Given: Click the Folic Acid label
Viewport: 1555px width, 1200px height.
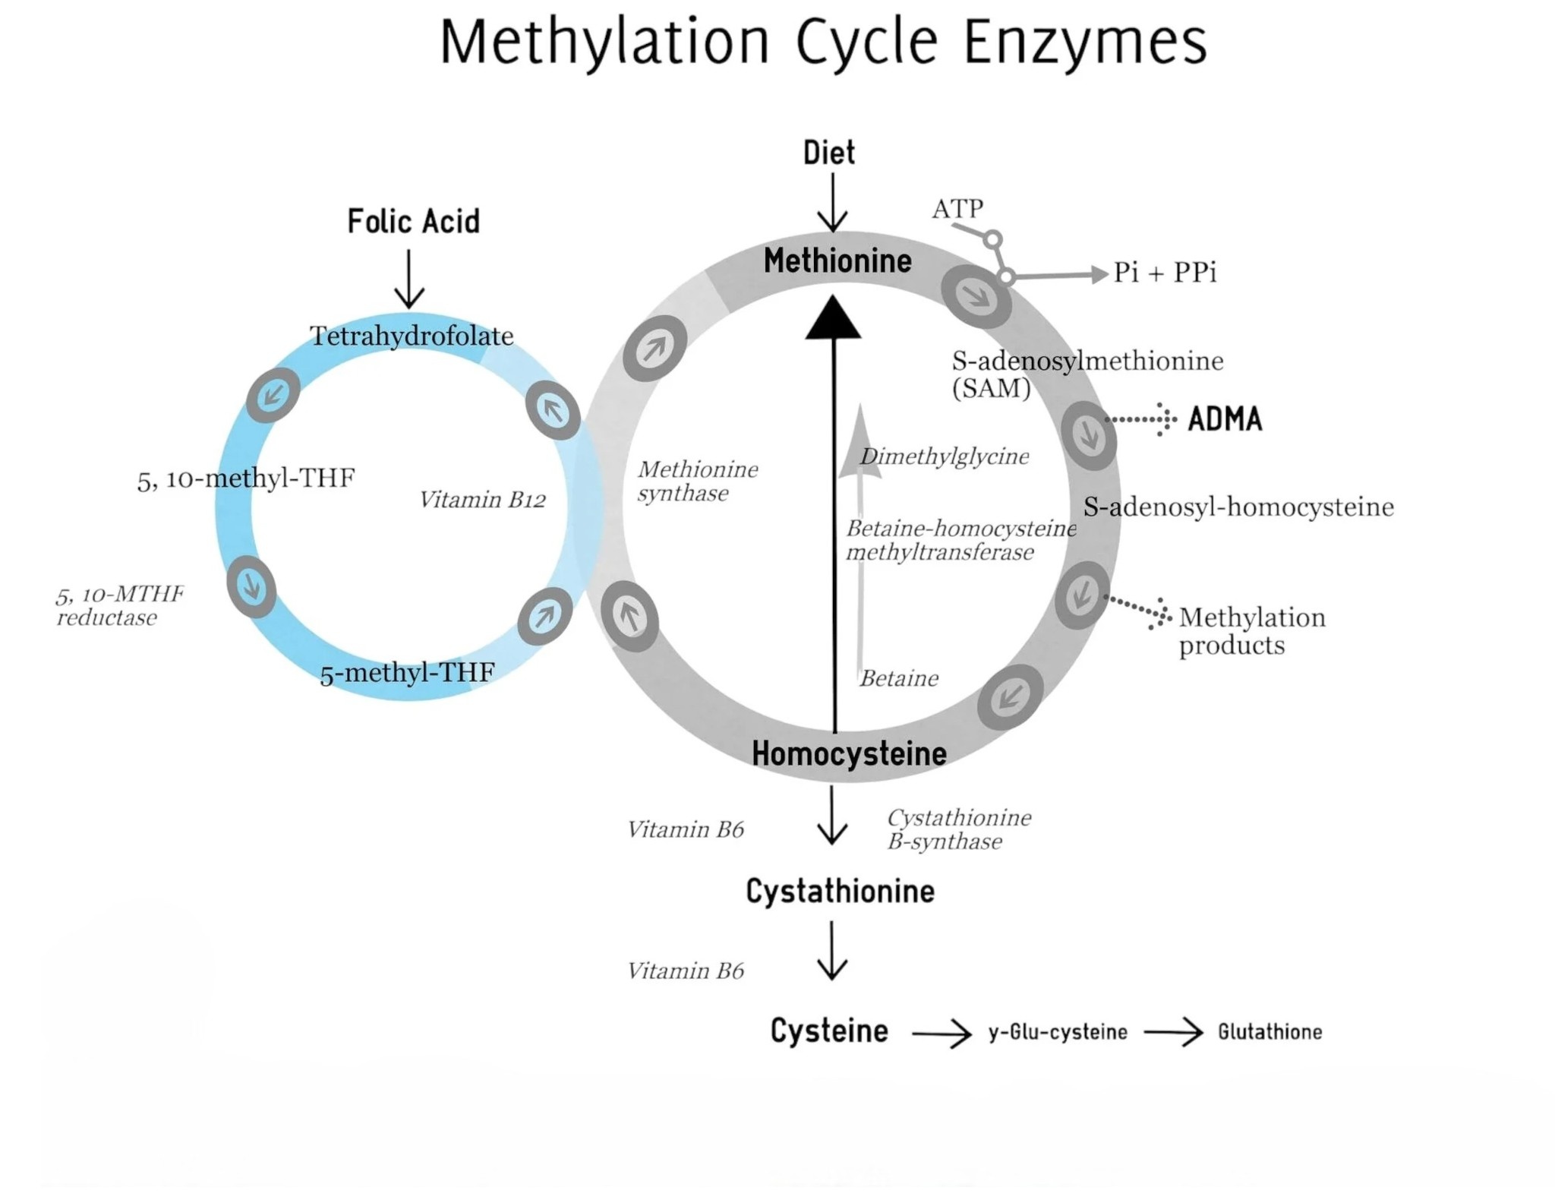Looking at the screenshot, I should (413, 222).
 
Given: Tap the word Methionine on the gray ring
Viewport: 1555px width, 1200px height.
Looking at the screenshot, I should (837, 261).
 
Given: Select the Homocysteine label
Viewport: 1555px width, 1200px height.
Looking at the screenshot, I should (849, 753).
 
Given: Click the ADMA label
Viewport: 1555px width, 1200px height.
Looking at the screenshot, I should (1225, 419).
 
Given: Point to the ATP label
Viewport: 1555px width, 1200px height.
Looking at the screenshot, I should (957, 208).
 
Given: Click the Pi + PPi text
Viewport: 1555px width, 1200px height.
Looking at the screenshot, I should (1165, 272).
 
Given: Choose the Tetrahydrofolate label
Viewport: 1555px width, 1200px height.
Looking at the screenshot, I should (412, 336).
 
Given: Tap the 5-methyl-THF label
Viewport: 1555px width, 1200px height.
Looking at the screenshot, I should (407, 673).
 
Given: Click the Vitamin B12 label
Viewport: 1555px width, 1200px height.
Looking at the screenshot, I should (482, 500).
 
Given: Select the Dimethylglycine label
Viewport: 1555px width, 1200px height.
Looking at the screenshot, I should (945, 456).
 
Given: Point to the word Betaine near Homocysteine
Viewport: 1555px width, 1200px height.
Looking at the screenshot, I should (899, 678).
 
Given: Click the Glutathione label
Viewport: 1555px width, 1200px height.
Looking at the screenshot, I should (1270, 1031).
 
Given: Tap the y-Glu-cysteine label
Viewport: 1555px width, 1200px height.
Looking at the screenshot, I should (1058, 1032).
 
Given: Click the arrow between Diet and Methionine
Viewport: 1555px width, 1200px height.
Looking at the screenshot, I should (832, 202).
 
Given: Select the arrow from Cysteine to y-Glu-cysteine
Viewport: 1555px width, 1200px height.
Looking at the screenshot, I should (942, 1034).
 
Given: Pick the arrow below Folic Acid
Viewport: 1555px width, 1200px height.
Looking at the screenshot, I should (409, 279).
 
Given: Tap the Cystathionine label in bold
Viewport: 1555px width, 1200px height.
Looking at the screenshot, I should (840, 892).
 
